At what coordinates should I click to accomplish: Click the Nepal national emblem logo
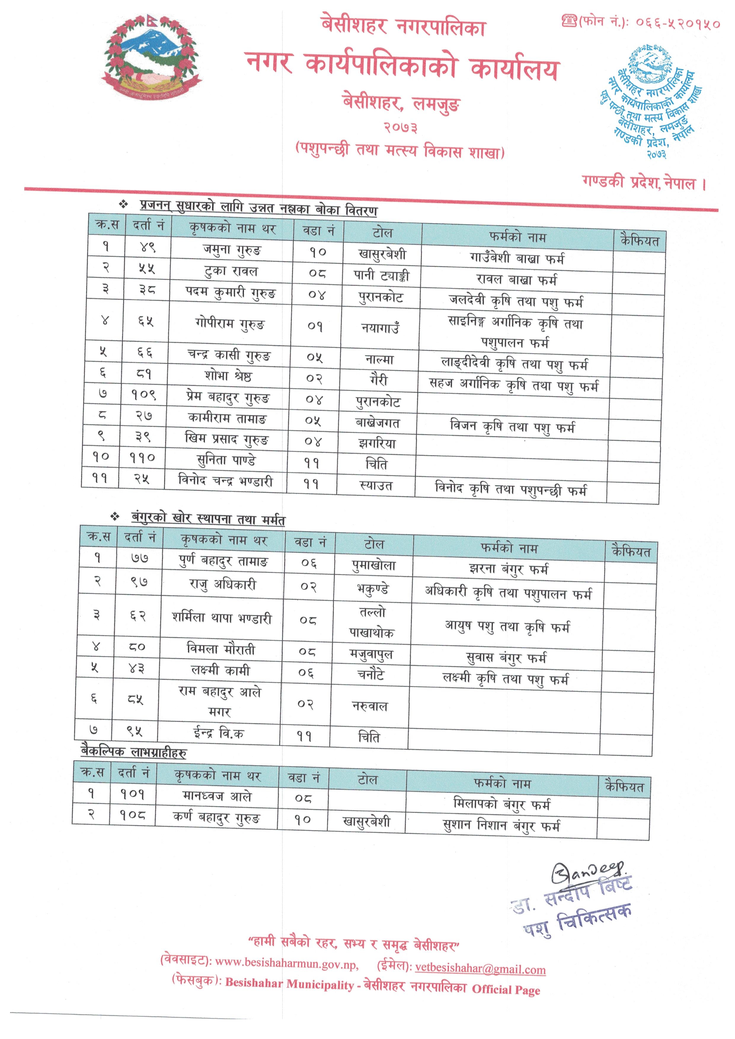tap(152, 57)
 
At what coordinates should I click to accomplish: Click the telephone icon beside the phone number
tap(569, 20)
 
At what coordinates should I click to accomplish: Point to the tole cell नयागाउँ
tap(380, 327)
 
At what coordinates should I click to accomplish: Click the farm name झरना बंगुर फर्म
tap(508, 569)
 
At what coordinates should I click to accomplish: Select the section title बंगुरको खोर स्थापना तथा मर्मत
tap(208, 518)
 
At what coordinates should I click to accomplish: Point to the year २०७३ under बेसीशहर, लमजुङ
tap(400, 128)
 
